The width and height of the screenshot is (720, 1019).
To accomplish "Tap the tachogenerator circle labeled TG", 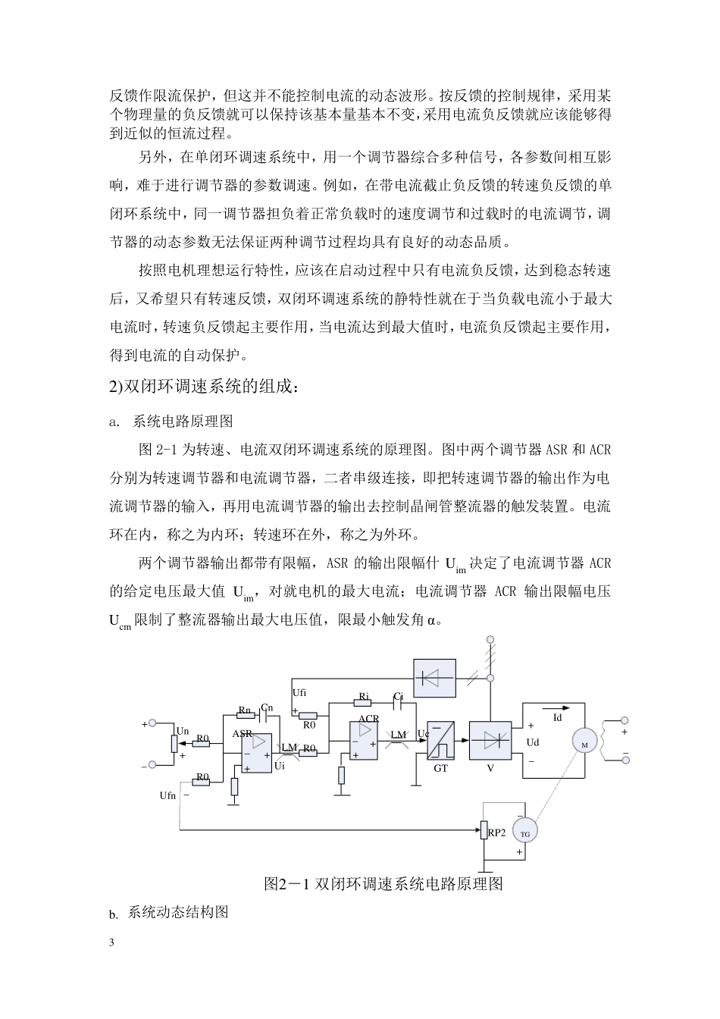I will click(x=524, y=832).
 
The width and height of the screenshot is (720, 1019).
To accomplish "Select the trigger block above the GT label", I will click(x=440, y=740).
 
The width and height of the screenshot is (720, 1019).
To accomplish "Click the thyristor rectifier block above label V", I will click(x=490, y=740).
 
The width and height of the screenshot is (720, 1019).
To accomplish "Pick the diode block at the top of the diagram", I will click(x=434, y=677).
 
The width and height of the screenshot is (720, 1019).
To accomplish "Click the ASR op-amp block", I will click(x=257, y=753).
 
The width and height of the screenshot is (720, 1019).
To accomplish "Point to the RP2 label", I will click(x=497, y=832).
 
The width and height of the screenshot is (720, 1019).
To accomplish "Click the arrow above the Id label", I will click(x=558, y=707).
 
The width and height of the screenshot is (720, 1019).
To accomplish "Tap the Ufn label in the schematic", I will click(x=167, y=795).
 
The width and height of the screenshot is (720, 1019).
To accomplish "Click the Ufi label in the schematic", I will click(x=299, y=692).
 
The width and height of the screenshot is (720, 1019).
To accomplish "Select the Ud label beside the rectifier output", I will click(x=533, y=742).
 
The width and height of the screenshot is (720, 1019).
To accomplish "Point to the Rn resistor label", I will click(x=245, y=710).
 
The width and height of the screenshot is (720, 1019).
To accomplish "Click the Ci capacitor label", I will click(x=399, y=696).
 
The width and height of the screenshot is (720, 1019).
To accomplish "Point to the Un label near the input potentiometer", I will click(x=182, y=730).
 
